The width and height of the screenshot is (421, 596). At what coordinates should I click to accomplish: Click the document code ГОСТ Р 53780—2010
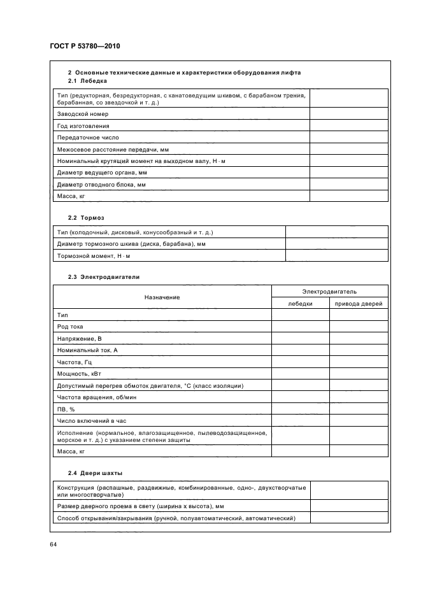click(x=84, y=46)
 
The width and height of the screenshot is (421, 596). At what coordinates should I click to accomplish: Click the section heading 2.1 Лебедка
click(x=87, y=81)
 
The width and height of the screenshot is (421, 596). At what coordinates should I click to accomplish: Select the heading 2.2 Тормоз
click(x=86, y=217)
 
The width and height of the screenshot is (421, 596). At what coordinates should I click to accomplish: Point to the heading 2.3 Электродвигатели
click(x=103, y=277)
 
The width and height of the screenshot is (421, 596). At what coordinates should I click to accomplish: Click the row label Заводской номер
click(x=83, y=114)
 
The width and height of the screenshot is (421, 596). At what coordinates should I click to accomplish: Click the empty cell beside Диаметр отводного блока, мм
click(x=348, y=184)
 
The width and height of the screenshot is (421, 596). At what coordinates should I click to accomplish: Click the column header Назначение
click(x=162, y=297)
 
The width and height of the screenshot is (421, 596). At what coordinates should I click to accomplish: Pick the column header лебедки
click(x=300, y=304)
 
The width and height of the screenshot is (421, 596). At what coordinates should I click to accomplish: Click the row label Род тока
click(x=70, y=327)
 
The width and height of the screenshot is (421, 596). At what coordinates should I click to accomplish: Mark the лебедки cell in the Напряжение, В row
click(x=300, y=339)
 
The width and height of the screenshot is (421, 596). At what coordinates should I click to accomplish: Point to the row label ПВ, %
click(x=66, y=409)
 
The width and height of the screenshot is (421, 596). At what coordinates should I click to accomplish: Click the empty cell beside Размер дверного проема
click(x=348, y=506)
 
